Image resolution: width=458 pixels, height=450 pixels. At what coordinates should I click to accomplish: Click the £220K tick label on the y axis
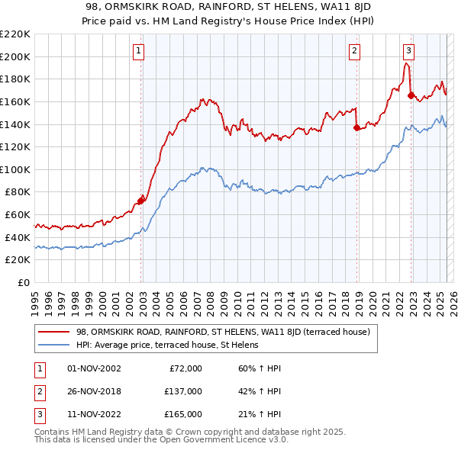click(x=15, y=34)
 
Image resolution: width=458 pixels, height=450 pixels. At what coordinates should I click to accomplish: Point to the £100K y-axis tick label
click(x=15, y=169)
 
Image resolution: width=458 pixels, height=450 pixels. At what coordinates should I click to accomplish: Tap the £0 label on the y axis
click(x=24, y=282)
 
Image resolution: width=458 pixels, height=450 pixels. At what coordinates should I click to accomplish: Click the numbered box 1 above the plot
click(x=138, y=51)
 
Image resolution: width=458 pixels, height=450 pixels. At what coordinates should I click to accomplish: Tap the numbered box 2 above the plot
click(x=355, y=51)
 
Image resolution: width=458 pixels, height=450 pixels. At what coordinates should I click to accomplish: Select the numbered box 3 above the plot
click(x=408, y=51)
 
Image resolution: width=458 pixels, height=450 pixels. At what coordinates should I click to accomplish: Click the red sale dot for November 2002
click(x=140, y=201)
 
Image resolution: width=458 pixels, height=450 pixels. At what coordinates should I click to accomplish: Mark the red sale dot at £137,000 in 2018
click(x=356, y=128)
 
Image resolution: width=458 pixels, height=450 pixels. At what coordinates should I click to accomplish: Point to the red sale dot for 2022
click(x=411, y=96)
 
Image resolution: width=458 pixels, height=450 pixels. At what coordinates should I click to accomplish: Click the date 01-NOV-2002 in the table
click(x=94, y=368)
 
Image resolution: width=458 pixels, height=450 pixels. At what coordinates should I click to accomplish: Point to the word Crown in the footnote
click(x=164, y=432)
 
